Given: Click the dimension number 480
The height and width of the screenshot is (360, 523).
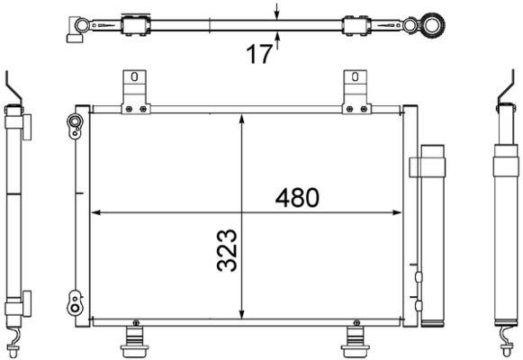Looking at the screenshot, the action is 297,198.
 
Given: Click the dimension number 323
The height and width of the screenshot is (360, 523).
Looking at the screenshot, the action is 227,250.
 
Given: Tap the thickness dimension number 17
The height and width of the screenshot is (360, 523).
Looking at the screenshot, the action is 259,54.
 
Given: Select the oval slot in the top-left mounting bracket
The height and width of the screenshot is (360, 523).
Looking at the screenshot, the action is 134,77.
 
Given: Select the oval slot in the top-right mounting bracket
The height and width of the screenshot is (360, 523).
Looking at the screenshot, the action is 356,77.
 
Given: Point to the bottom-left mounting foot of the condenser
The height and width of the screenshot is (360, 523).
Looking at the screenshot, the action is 134,342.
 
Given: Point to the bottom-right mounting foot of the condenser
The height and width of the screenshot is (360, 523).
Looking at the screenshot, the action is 356,342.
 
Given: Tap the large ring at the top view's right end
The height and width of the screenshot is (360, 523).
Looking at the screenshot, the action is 432,25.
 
